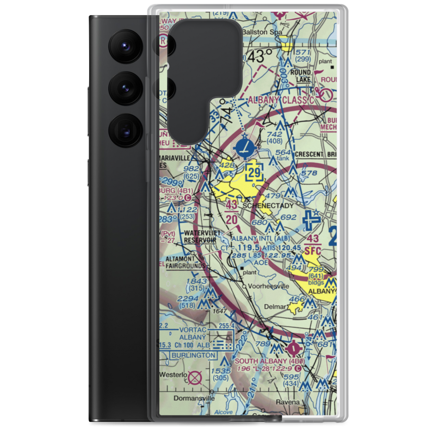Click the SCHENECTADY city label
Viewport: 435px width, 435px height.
pos(268,205)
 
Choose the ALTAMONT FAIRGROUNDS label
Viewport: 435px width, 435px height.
pos(185,262)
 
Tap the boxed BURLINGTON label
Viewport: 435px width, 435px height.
pos(192,355)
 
